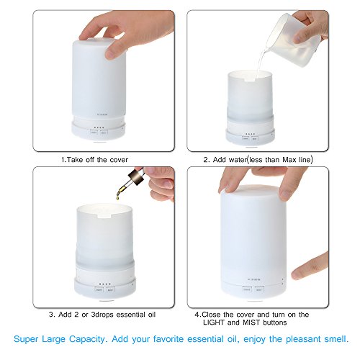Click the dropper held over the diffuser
tap(130, 181)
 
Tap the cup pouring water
tap(292, 40)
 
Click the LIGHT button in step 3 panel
tap(99, 289)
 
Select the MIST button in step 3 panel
tap(110, 289)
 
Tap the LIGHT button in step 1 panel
tap(94, 132)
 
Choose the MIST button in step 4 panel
tap(259, 289)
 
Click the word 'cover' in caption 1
tap(119, 160)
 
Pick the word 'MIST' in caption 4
tap(251, 323)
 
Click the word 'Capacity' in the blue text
tap(87, 339)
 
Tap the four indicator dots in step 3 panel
tap(105, 284)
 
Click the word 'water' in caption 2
tap(238, 160)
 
